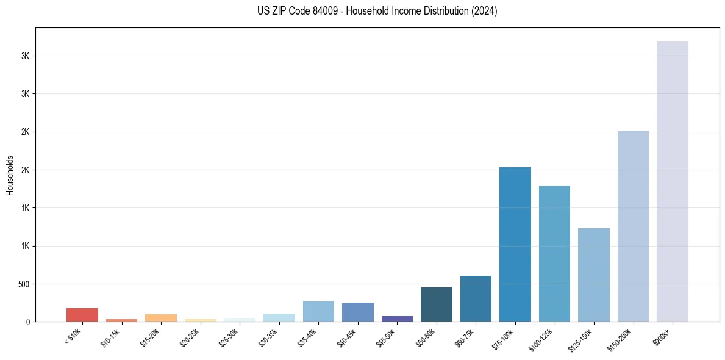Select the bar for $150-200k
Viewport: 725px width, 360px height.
[633, 226]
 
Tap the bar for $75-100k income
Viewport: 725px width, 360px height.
[515, 244]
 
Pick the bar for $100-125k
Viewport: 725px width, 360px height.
[554, 254]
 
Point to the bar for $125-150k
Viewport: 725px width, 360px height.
[593, 275]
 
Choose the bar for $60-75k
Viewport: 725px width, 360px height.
[476, 298]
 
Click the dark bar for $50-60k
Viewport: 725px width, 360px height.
[436, 304]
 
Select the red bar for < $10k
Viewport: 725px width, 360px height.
[82, 315]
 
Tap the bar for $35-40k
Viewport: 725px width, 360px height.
[318, 311]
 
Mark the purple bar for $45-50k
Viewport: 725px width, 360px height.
[397, 319]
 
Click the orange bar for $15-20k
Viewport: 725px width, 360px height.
[161, 318]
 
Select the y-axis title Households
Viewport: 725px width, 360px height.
[10, 175]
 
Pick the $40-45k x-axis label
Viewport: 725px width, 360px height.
[346, 338]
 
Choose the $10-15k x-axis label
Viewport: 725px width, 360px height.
[110, 338]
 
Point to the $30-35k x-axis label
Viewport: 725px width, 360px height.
[268, 338]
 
